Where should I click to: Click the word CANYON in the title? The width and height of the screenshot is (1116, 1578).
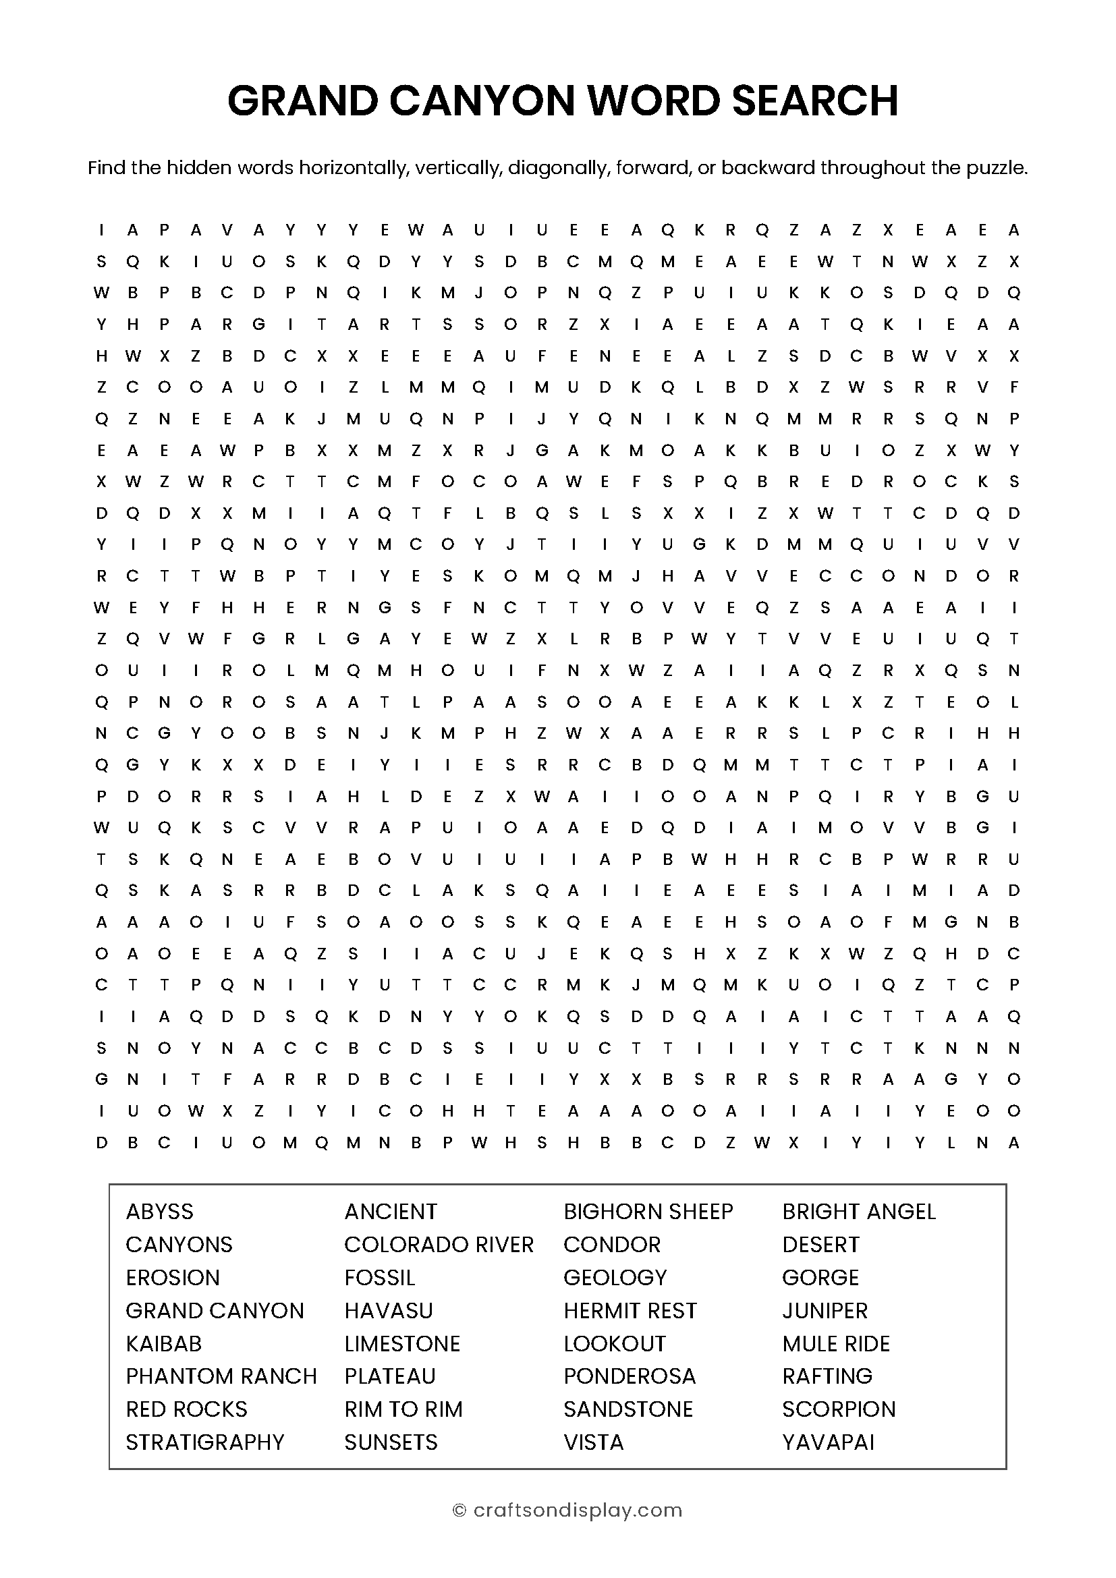[x=481, y=101]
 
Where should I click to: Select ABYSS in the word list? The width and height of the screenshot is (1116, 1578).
[x=159, y=1211]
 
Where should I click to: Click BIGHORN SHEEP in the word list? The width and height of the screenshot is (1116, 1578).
[x=648, y=1211]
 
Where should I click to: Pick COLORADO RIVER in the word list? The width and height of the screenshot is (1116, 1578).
[x=439, y=1244]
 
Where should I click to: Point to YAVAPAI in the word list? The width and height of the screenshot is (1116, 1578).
[x=828, y=1442]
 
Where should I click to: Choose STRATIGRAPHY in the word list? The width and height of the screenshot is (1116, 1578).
[x=205, y=1442]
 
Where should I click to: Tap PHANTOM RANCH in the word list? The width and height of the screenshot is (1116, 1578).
[x=221, y=1376]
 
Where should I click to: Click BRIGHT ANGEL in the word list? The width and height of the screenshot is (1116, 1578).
[x=859, y=1211]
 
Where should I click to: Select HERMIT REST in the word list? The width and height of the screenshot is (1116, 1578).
[x=630, y=1311]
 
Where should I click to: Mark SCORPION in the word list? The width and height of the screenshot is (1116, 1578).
[x=839, y=1409]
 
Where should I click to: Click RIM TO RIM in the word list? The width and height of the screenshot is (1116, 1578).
[x=403, y=1409]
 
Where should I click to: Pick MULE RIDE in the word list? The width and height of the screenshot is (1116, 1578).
[x=835, y=1344]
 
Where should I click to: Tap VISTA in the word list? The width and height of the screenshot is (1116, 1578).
[x=593, y=1442]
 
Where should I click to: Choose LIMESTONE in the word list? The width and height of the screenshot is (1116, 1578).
[x=402, y=1344]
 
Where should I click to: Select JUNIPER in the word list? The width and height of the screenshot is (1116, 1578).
[x=825, y=1311]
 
